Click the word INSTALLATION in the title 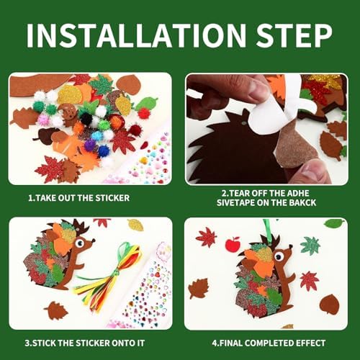pyautogui.click(x=136, y=35)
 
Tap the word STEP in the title pyautogui.click(x=294, y=35)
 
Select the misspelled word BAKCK pyautogui.click(x=302, y=203)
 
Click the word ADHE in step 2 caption pyautogui.click(x=297, y=194)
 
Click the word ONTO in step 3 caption pyautogui.click(x=124, y=343)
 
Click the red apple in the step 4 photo pyautogui.click(x=233, y=244)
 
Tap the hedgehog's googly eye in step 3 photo pyautogui.click(x=79, y=243)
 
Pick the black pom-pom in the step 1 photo pyautogui.click(x=86, y=118)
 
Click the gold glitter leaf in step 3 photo pyautogui.click(x=135, y=225)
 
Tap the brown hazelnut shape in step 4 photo pyautogui.click(x=330, y=305)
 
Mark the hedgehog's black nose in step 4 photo pyautogui.click(x=291, y=246)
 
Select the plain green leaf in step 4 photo pyautogui.click(x=334, y=222)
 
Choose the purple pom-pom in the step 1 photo pyautogui.click(x=90, y=144)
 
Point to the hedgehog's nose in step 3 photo pyautogui.click(x=94, y=240)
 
